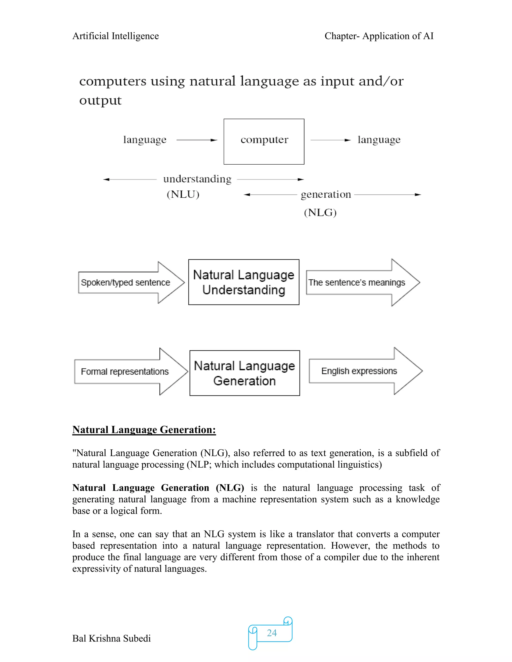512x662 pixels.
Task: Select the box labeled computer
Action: click(264, 142)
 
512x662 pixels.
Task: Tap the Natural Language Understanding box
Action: click(243, 282)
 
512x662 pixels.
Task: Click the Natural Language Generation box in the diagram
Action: click(244, 373)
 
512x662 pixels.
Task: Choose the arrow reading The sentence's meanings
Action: click(361, 283)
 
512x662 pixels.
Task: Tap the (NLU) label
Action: click(183, 194)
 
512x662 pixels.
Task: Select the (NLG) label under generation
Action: click(320, 213)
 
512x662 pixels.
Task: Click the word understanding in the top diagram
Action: click(197, 179)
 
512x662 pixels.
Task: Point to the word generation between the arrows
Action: click(326, 194)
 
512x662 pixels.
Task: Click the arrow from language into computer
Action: click(196, 140)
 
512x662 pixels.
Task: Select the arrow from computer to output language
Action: click(330, 140)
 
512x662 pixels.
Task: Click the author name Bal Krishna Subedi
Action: click(111, 638)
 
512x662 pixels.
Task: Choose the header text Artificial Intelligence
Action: click(115, 36)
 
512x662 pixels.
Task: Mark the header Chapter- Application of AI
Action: click(379, 36)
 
